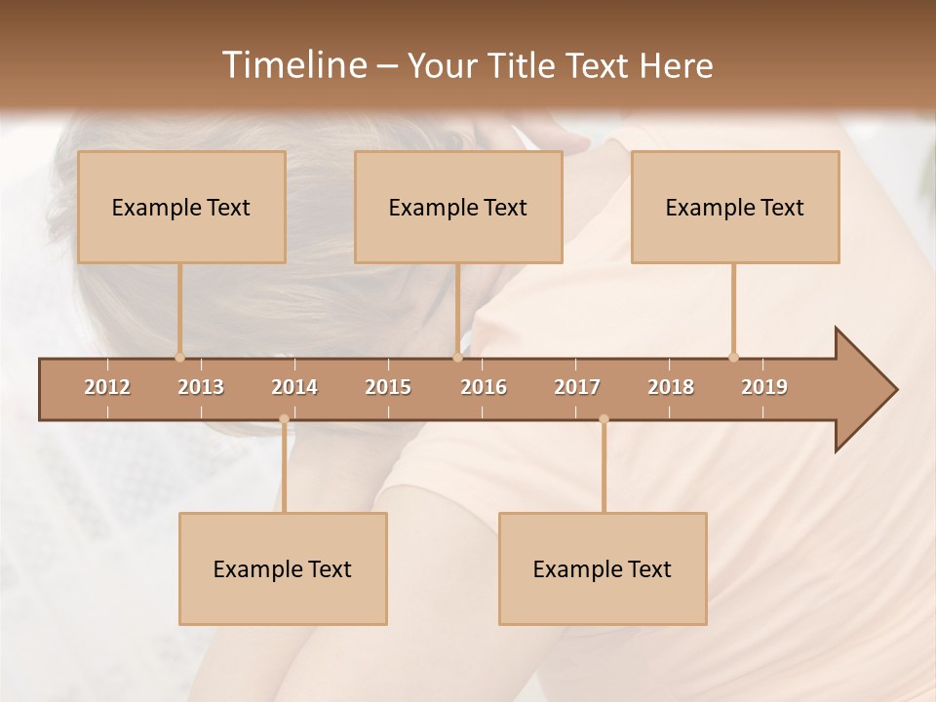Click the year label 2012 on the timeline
coord(107,387)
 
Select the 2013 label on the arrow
coord(201,387)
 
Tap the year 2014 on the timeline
coord(294,387)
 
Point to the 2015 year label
coord(388,387)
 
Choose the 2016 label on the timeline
coord(484,387)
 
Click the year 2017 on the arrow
coord(577,387)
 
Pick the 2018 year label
coord(671,387)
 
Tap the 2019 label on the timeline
coord(764,387)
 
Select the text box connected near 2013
coord(181,207)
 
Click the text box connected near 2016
coord(458,207)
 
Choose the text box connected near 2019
coord(735,207)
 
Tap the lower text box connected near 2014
coord(283,568)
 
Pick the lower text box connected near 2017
coord(603,568)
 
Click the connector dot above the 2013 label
coord(179,357)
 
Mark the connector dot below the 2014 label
coord(284,419)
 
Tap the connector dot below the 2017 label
coord(604,419)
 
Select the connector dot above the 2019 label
coord(733,357)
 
